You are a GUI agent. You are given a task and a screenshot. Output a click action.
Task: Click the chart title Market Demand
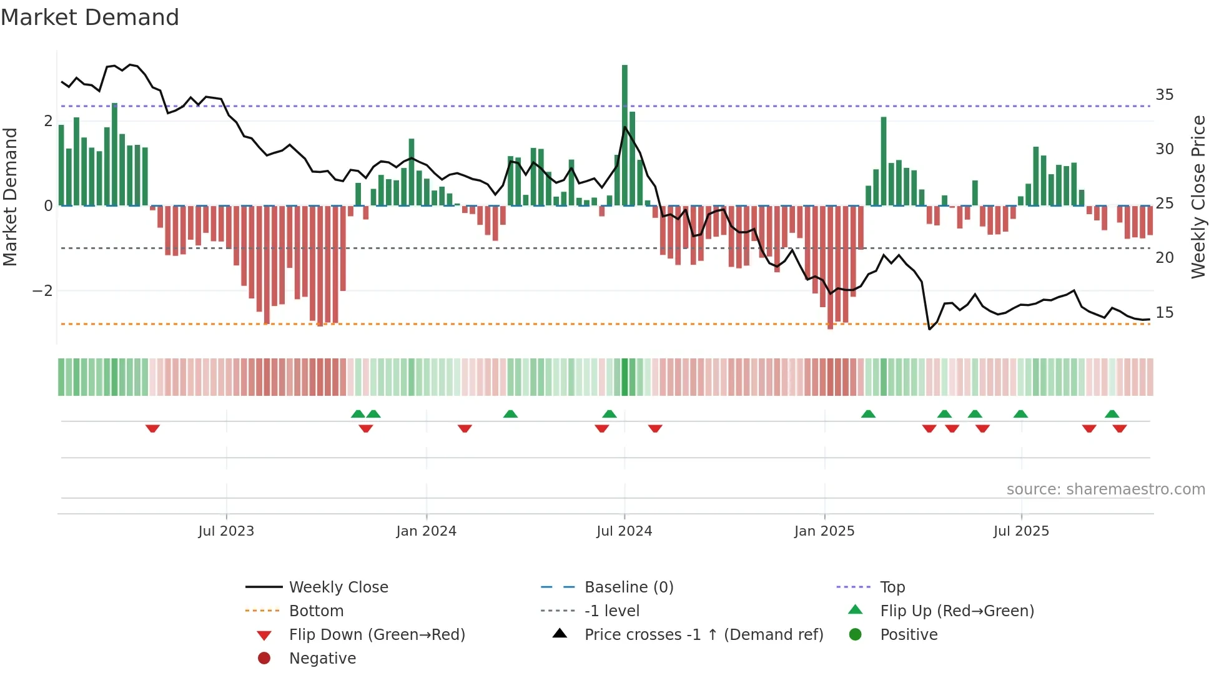point(90,17)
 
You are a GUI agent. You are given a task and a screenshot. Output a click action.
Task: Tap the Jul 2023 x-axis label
point(226,531)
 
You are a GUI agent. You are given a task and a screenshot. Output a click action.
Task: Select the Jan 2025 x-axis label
point(824,531)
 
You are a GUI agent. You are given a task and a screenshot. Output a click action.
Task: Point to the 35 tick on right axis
point(1164,95)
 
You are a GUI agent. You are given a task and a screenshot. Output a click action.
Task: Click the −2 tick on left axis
point(42,291)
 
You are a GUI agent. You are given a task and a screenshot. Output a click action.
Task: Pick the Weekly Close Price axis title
point(1198,197)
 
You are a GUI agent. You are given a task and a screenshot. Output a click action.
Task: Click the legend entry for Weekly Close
point(338,587)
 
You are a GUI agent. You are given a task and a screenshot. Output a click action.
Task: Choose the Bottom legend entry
point(316,611)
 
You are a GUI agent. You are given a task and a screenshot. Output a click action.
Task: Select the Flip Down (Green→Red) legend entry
point(377,635)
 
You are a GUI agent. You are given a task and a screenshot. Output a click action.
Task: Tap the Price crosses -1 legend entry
point(703,635)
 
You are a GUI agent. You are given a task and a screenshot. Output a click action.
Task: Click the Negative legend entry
point(322,659)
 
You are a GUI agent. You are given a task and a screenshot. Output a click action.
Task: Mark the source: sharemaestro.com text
point(1105,489)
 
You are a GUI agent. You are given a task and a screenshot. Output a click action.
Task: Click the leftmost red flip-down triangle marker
point(152,429)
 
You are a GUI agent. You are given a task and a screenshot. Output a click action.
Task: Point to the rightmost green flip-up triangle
point(1112,414)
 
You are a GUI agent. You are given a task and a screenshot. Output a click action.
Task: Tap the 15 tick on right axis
point(1164,313)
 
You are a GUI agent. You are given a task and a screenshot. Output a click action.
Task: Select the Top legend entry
point(892,587)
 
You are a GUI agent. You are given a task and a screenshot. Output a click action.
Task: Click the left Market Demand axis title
point(11,197)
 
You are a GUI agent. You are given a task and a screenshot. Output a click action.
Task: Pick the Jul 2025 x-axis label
point(1021,531)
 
